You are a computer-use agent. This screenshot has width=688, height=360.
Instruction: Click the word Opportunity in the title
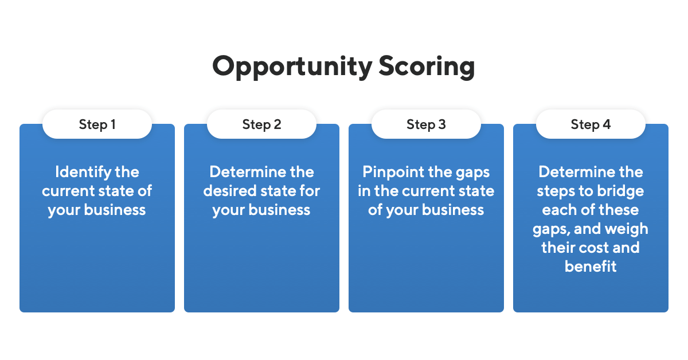pos(292,67)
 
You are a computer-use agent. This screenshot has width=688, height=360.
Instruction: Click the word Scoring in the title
pos(426,67)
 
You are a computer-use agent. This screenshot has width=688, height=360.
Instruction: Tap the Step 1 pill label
pos(97,124)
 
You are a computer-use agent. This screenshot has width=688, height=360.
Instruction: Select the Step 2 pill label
pos(261,124)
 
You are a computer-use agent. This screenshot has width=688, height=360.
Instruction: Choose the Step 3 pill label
pos(426,124)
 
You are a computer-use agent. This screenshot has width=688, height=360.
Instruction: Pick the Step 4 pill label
pos(591,124)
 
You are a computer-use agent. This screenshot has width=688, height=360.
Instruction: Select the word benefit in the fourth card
pos(591,267)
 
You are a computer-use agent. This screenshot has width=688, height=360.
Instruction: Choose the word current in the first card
pos(69,191)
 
